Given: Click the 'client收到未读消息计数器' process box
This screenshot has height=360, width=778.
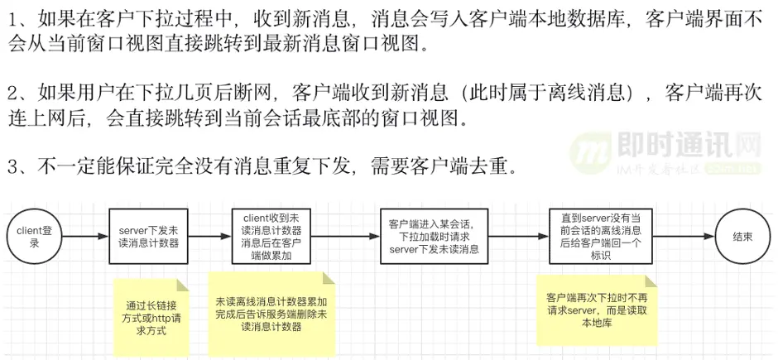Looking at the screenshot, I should click(x=271, y=237).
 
